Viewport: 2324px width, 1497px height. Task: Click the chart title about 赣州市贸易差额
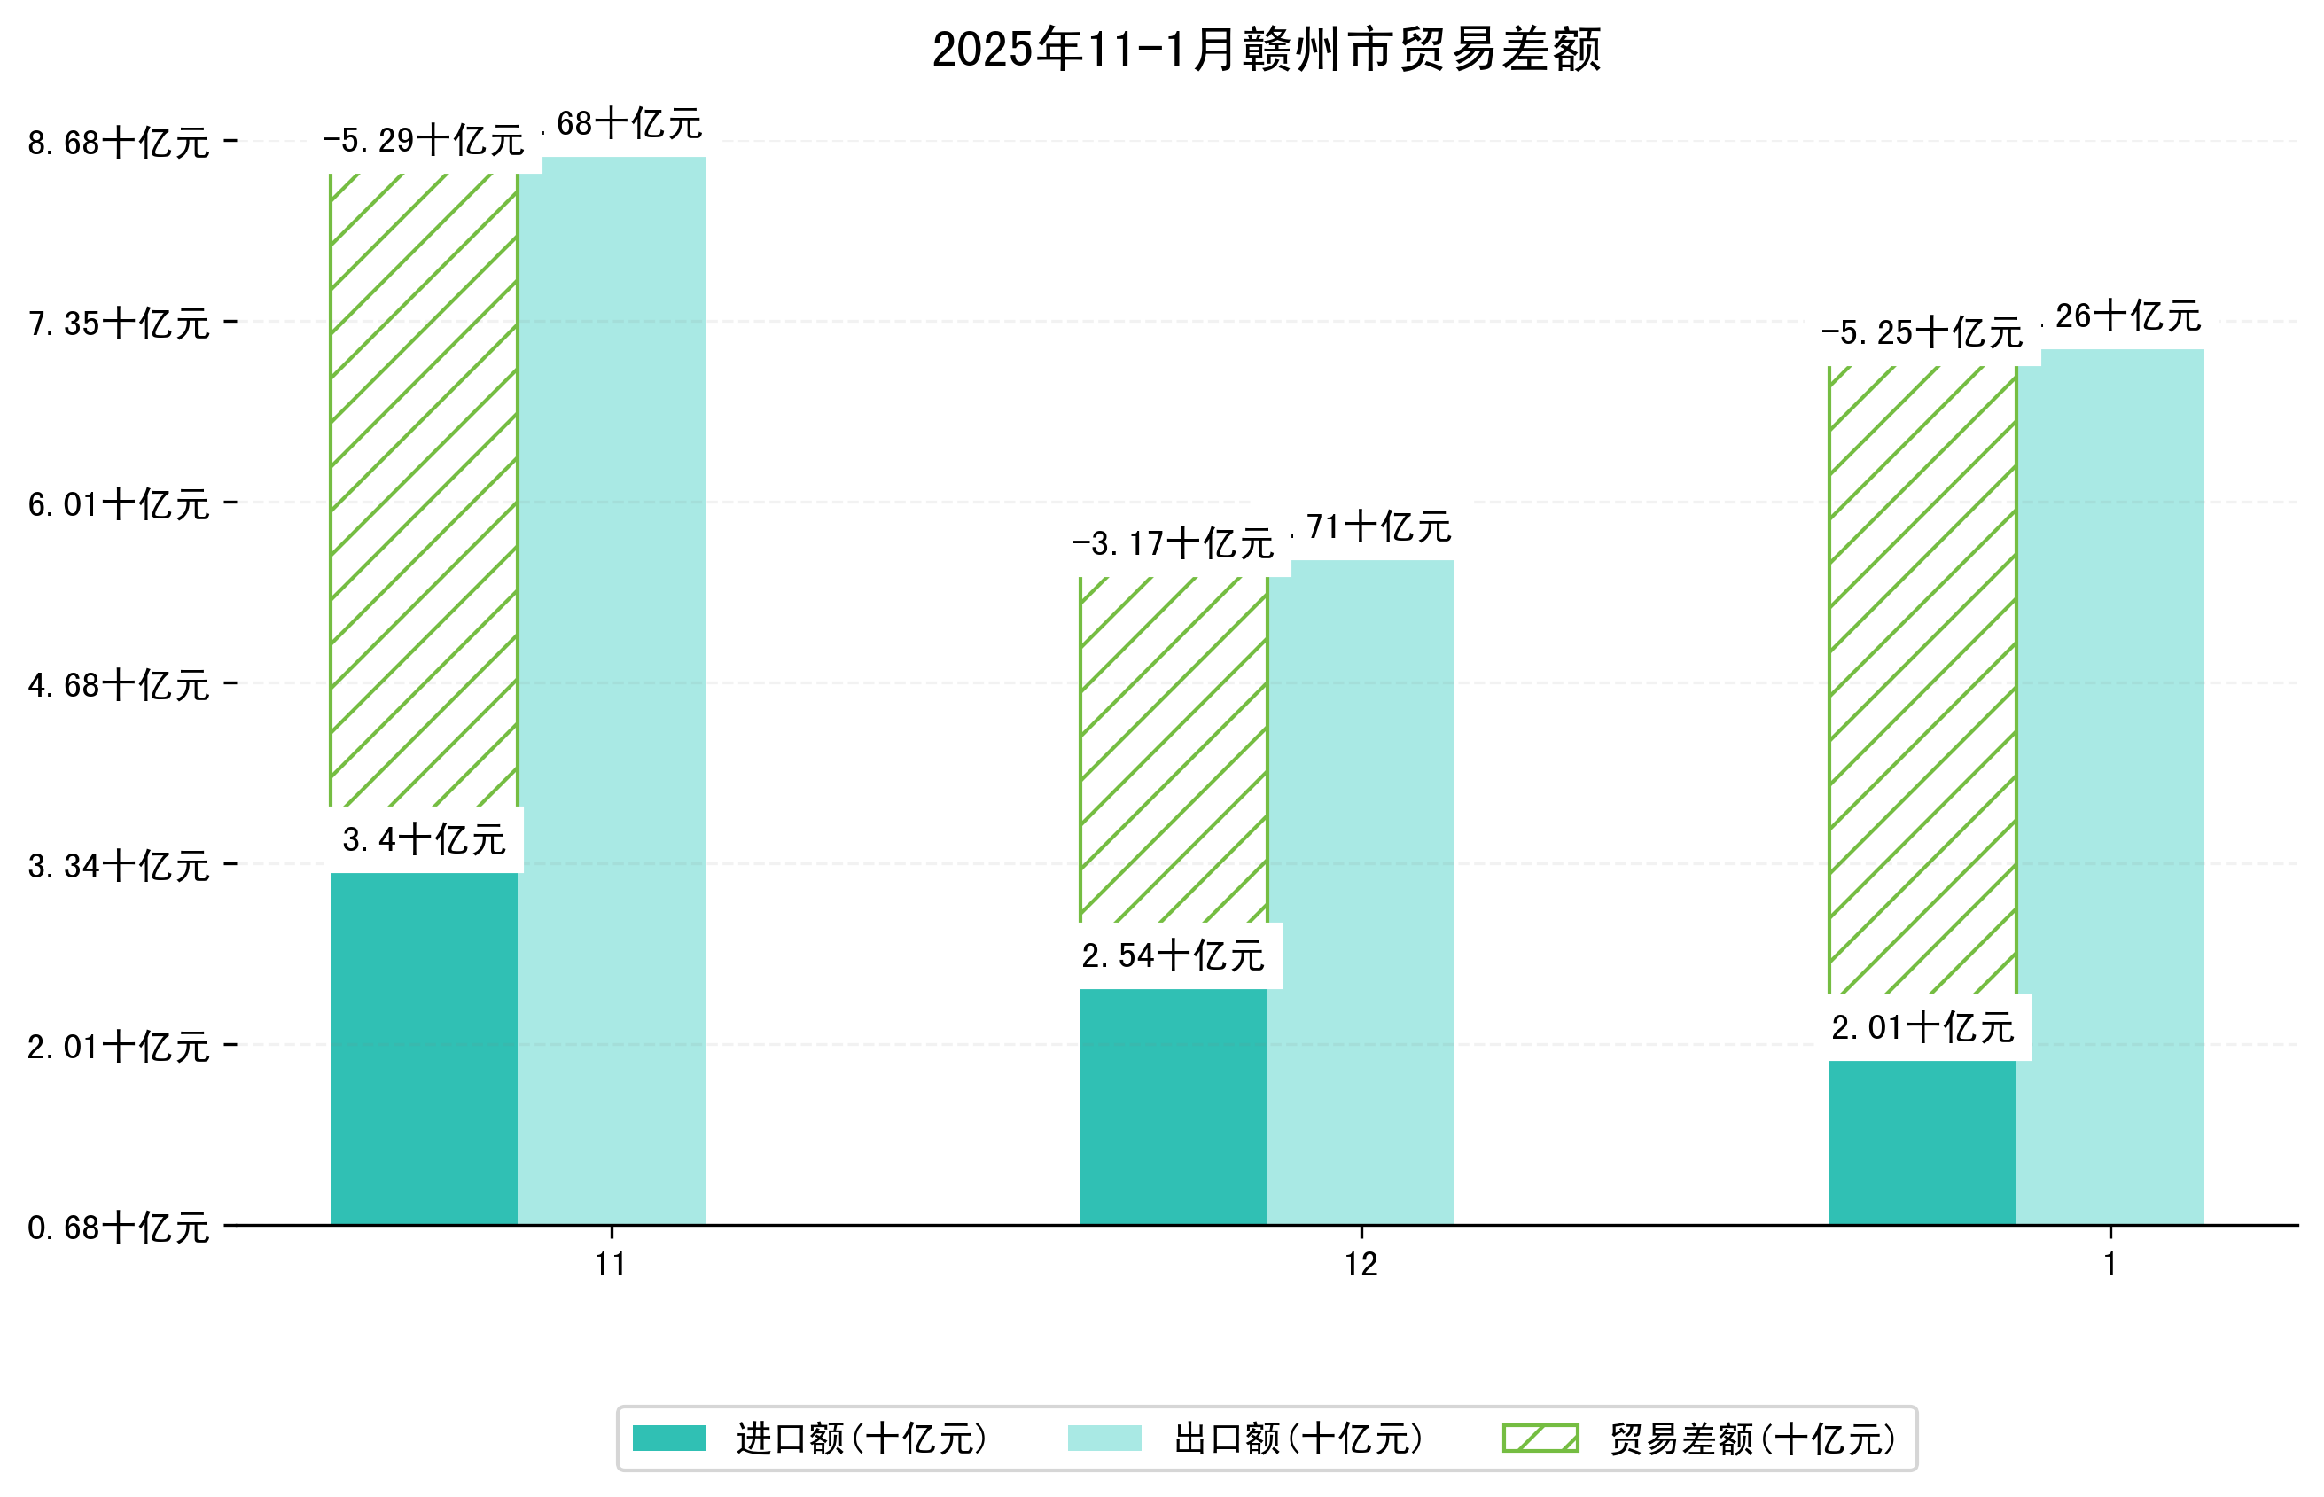click(1266, 50)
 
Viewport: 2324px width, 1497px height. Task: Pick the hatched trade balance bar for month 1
click(1922, 681)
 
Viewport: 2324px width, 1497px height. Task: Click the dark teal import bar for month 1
click(1922, 1142)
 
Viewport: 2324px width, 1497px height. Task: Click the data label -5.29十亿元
click(424, 142)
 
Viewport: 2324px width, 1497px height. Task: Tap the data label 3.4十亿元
click(424, 840)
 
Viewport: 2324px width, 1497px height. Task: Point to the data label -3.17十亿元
click(1174, 544)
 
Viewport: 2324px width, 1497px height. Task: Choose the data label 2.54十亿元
click(1174, 956)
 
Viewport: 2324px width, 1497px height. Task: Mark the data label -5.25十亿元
click(1922, 333)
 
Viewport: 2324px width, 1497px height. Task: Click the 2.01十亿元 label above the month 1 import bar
click(1922, 1027)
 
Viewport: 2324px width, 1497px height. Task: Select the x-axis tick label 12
click(1361, 1265)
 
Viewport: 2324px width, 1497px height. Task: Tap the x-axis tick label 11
click(612, 1265)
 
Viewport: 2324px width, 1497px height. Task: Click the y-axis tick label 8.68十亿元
click(119, 144)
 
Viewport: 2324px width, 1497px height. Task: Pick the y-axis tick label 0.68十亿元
click(119, 1228)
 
